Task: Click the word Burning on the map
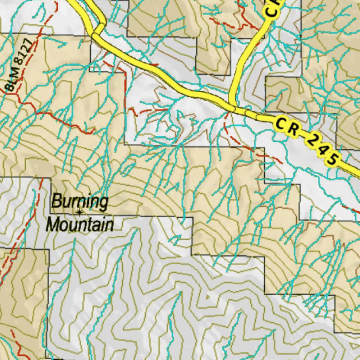click(80, 202)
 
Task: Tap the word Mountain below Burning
click(81, 224)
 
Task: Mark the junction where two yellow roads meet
click(232, 106)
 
